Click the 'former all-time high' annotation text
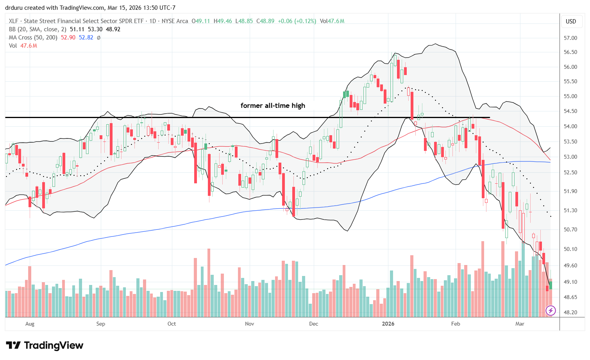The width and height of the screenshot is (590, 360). [x=273, y=106]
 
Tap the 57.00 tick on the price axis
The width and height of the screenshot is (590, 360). [x=571, y=38]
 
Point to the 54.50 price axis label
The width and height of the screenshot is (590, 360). [x=571, y=111]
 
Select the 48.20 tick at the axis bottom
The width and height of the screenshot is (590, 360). [x=571, y=312]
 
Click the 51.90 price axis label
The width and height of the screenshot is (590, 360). [x=571, y=191]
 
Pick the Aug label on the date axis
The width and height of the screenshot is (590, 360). [x=30, y=324]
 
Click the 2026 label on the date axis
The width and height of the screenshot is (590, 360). [x=388, y=324]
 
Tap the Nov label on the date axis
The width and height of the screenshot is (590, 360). [x=249, y=324]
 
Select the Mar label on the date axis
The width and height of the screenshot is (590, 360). [x=520, y=324]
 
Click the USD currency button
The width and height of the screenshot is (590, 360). [x=571, y=21]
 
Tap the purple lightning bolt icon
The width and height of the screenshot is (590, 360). [x=551, y=311]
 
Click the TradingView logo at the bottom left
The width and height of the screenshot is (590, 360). [x=45, y=346]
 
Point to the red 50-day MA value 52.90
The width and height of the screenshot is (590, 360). [x=68, y=38]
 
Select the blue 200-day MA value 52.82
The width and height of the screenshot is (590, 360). [x=86, y=38]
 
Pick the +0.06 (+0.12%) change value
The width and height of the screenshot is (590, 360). [x=297, y=21]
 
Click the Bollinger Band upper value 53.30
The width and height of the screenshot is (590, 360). [x=95, y=29]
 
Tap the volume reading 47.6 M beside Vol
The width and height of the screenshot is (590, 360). [x=29, y=46]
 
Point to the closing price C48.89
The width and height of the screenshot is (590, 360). [x=265, y=21]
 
